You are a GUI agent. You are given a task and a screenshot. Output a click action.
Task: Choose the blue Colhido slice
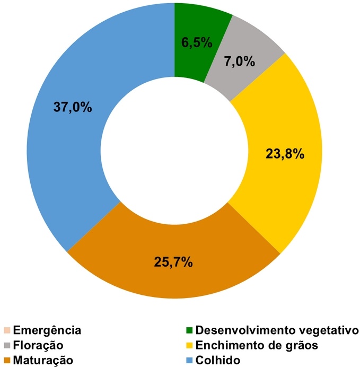click(x=80, y=148)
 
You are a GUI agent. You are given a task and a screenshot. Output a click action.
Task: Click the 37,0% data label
click(x=73, y=107)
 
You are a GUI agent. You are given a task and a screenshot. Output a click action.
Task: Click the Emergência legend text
click(x=47, y=330)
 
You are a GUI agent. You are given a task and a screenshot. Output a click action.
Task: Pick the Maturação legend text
click(x=43, y=360)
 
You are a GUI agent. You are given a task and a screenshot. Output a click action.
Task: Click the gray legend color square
click(x=6, y=345)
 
